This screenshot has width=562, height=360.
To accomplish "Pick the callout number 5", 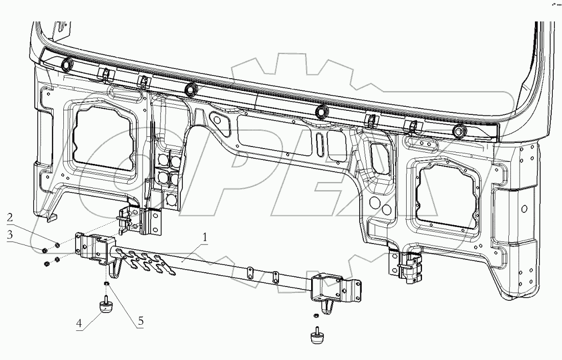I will pyautogui.click(x=140, y=323).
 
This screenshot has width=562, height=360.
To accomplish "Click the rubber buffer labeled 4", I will pyautogui.click(x=106, y=307).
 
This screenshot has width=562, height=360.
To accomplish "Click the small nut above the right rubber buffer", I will pyautogui.click(x=317, y=317).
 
